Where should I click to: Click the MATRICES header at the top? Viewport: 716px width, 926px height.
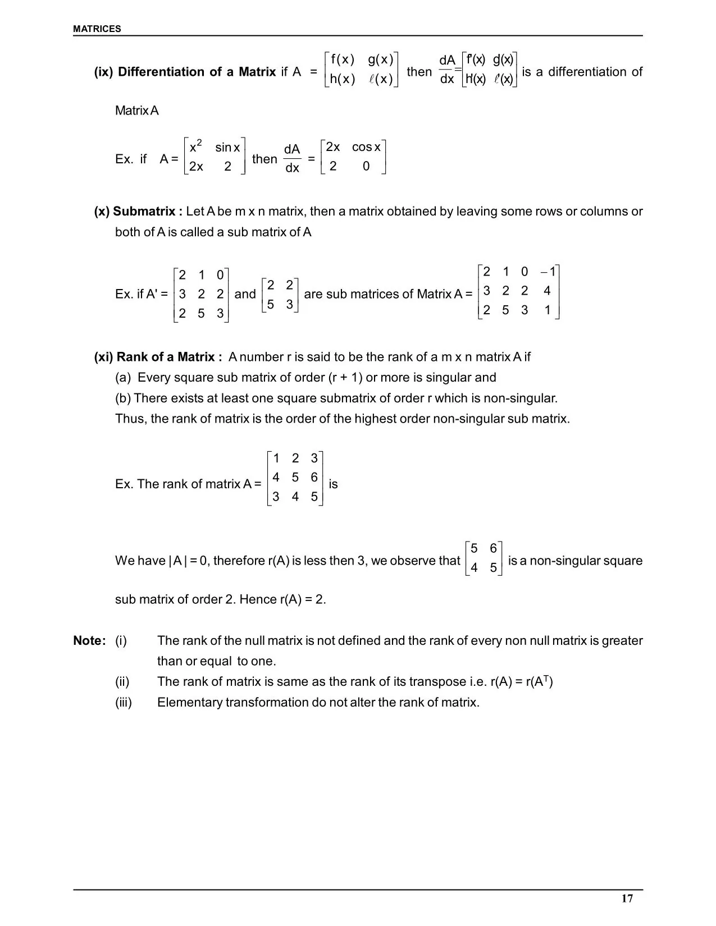coord(97,29)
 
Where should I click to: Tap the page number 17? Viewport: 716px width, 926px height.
coord(627,899)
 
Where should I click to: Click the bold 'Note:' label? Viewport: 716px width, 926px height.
coord(89,641)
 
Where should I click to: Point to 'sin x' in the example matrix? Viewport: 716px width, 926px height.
coord(227,148)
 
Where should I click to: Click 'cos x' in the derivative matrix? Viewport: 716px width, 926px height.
coord(366,147)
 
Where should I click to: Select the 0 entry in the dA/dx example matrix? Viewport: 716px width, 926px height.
coord(366,166)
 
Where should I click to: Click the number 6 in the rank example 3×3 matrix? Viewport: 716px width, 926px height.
coord(314,478)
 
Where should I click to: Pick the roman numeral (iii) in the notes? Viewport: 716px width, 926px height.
coord(124,703)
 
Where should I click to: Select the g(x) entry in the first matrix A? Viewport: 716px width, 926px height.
coord(381,59)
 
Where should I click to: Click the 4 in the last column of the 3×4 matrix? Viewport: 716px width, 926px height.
coord(547,291)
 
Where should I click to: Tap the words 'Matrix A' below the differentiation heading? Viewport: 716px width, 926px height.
coord(137,111)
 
